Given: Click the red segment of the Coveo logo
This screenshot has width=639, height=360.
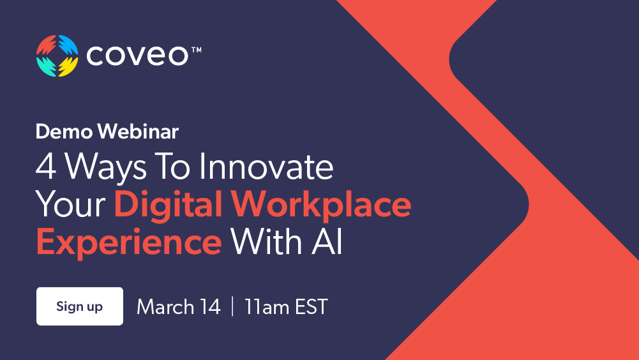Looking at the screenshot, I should [x=46, y=45].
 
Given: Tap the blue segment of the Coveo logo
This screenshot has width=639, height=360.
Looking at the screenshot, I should [x=68, y=45].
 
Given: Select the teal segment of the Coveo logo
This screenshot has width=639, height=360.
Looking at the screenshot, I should [x=46, y=66].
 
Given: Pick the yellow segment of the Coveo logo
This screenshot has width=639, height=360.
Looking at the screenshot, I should [x=68, y=66].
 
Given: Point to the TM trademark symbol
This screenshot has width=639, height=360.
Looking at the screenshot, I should [x=196, y=50].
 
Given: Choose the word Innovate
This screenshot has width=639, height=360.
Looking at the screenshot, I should [x=266, y=168].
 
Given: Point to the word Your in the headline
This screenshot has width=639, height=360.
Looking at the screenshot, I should [x=71, y=205].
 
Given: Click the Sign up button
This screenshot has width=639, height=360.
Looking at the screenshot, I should [x=79, y=306].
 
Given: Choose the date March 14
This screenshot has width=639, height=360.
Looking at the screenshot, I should [x=178, y=307].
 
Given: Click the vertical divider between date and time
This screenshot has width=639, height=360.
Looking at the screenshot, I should [x=232, y=307].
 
